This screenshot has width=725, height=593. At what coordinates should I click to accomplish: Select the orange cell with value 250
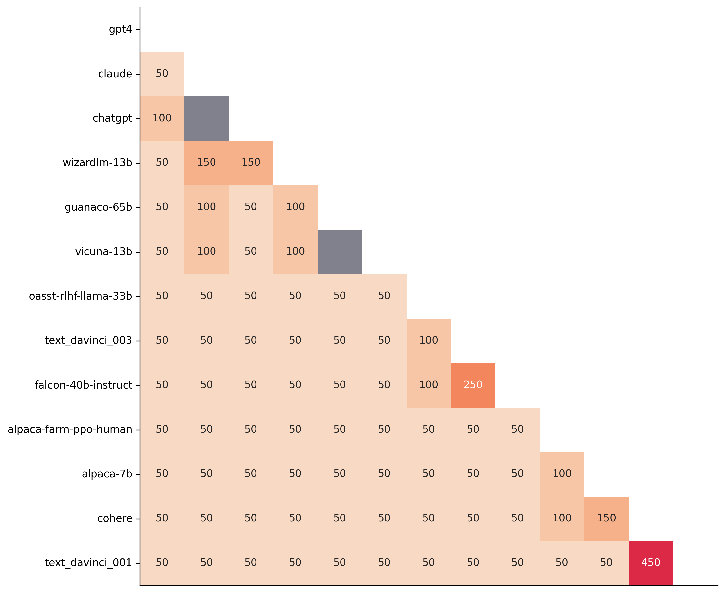[x=473, y=385]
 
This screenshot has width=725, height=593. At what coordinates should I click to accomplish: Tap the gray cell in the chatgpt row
[x=206, y=119]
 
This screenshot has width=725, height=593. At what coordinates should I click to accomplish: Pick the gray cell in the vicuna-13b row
[x=340, y=252]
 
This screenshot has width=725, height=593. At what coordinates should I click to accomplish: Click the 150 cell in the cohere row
[x=606, y=518]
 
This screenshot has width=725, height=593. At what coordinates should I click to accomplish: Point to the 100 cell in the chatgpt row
[x=162, y=118]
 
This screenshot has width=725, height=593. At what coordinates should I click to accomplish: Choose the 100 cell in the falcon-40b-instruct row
[x=428, y=385]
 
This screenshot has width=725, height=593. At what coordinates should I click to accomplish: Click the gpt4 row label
[x=120, y=29]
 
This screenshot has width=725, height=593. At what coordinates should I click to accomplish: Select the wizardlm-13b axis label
[x=97, y=163]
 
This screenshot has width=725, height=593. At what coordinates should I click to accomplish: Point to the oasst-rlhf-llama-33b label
[x=80, y=296]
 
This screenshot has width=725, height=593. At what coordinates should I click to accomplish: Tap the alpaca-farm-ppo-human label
[x=70, y=429]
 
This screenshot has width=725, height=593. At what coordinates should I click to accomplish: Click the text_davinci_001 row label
[x=88, y=563]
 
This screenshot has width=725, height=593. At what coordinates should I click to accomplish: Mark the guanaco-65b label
[x=98, y=207]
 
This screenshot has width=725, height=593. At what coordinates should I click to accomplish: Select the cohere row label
[x=115, y=519]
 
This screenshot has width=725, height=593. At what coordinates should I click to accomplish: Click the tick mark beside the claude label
[x=138, y=74]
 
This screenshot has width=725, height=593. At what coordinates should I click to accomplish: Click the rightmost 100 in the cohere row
[x=562, y=518]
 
